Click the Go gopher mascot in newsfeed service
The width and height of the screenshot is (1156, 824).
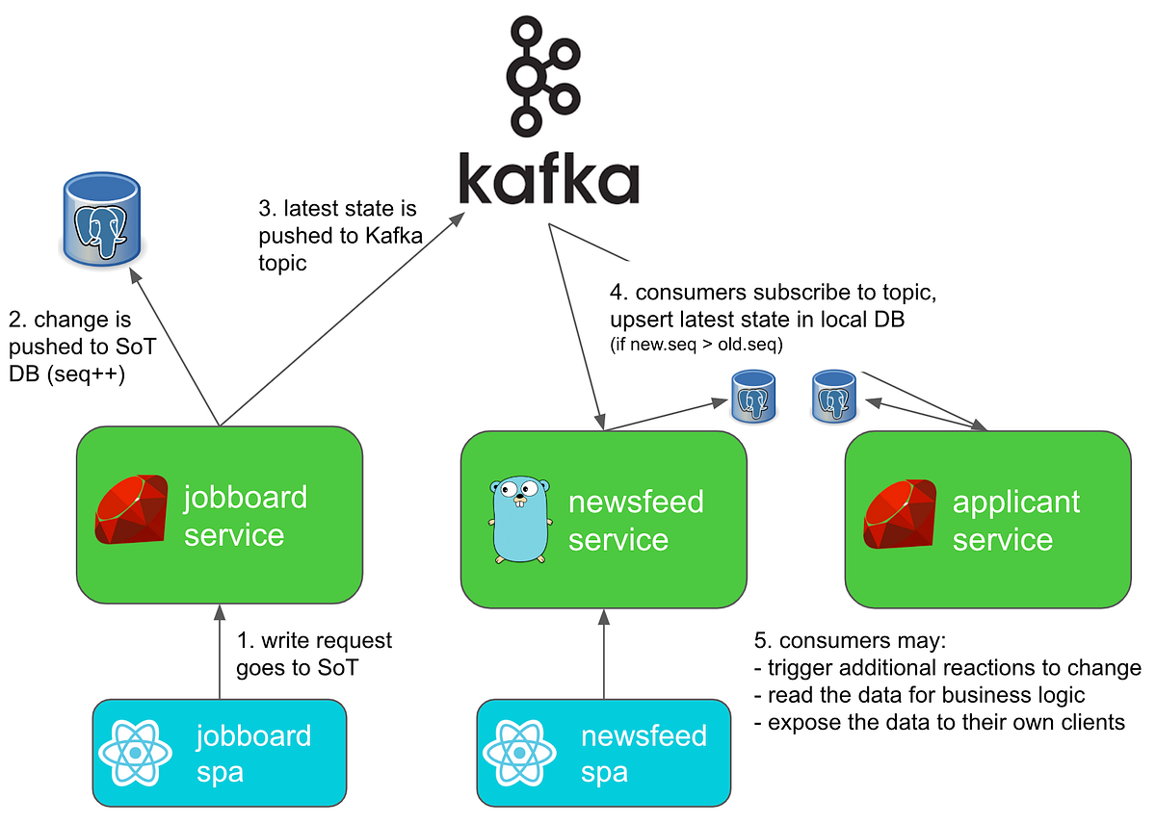(x=518, y=518)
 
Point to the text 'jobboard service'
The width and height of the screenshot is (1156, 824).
(x=246, y=516)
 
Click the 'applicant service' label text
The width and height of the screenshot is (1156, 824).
(x=1015, y=521)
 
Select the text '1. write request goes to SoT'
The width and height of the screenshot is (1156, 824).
(x=313, y=653)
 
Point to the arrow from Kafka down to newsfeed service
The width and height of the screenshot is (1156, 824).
(x=576, y=327)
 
